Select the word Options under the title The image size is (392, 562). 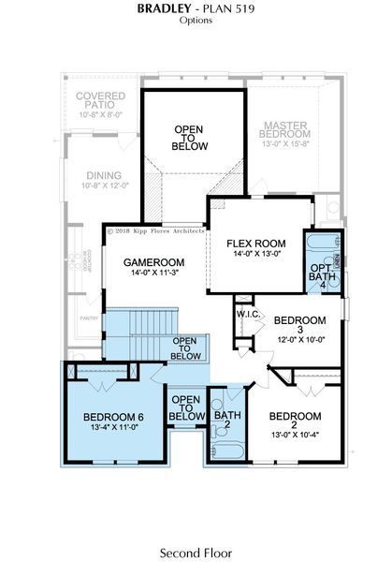point(196,20)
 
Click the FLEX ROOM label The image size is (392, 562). point(256,243)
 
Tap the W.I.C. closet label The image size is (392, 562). point(248,314)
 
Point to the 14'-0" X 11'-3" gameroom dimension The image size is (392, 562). point(154,274)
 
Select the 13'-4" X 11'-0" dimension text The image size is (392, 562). point(112,427)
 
